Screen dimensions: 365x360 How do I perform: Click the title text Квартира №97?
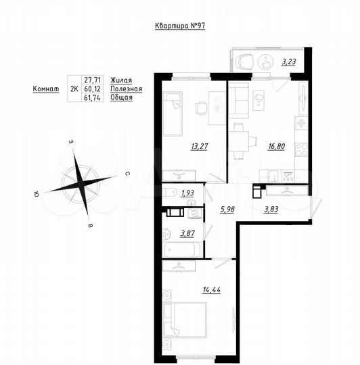coord(180,26)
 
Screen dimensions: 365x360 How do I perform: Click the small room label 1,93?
coord(187,193)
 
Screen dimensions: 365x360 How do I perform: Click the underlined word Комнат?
coord(46,88)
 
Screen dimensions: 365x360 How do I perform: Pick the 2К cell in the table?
coord(74,88)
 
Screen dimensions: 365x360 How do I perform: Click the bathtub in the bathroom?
coord(183,249)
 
